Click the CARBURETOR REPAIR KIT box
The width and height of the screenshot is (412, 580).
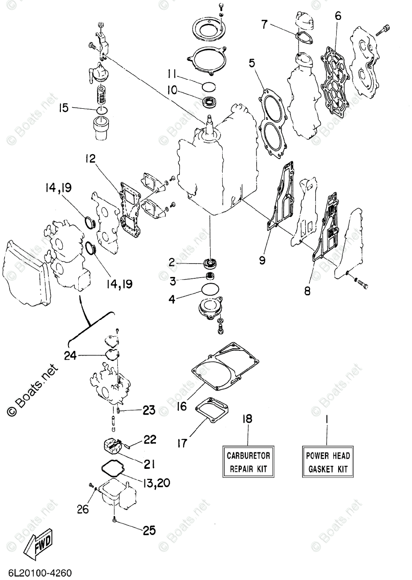pos(248,462)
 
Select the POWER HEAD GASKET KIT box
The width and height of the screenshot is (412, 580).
pos(327,462)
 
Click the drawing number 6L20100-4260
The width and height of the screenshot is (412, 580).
pos(36,573)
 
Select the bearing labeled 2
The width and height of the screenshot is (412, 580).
pos(211,263)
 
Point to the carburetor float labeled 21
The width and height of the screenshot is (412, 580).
pos(114,446)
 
